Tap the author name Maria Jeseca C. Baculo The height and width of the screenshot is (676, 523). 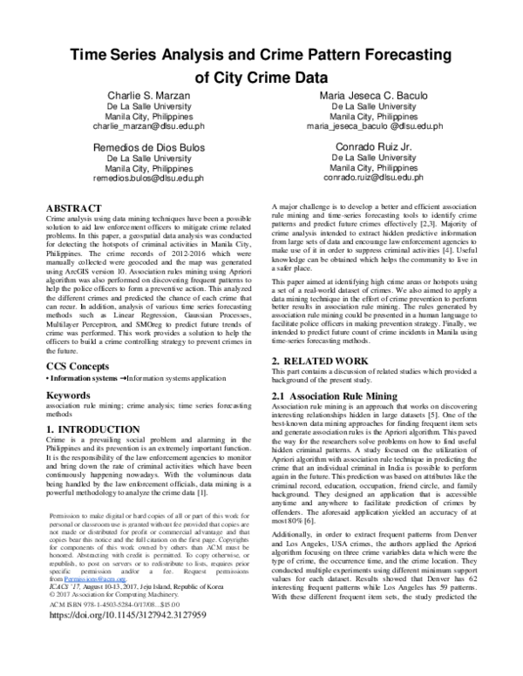(x=380, y=94)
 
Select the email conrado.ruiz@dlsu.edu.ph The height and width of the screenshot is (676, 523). (x=380, y=177)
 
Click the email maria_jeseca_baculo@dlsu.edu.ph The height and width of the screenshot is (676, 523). (x=380, y=126)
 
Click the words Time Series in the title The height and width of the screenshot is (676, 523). (x=122, y=56)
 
